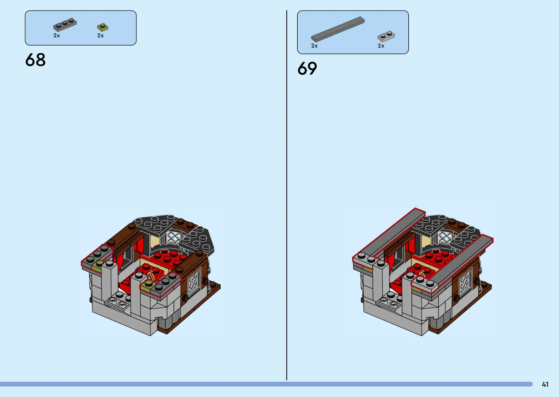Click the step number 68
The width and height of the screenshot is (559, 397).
point(35,60)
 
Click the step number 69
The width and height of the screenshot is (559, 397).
point(307,69)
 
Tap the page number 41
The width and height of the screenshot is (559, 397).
point(545,384)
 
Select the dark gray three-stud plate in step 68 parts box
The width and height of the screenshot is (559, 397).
point(65,24)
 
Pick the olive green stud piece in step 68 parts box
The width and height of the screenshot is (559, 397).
point(103,27)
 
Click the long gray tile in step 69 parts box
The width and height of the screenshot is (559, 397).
point(338,29)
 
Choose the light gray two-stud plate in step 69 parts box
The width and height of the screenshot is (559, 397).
point(386,36)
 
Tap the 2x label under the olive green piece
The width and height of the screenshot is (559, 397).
point(100,35)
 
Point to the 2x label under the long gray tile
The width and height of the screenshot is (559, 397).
point(314,46)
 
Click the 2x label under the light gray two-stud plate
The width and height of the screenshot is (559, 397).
point(381,46)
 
